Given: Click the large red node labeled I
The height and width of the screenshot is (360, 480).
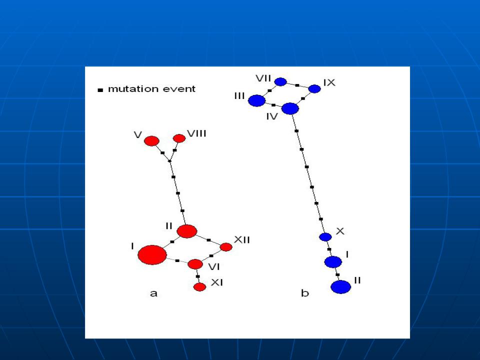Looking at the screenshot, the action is coord(152,254).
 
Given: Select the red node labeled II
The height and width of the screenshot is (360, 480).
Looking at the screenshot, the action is coord(186,231).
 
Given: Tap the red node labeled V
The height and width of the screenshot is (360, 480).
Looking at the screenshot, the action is coord(151,141).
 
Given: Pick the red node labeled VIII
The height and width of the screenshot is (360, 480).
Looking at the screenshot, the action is coord(179,138).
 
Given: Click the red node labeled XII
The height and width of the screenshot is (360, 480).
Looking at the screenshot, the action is coord(226,246).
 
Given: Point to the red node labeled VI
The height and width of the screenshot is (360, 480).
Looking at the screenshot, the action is coord(195,264).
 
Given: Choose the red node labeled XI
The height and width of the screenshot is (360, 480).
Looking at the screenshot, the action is coord(199,287).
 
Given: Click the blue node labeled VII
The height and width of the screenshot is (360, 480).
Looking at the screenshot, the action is coord(280,81).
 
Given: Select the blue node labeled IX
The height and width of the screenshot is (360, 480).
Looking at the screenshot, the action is coord(314,89).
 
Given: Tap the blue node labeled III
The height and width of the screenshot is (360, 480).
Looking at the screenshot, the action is coord(256,100).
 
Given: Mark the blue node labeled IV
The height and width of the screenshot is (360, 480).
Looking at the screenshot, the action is coord(290,108).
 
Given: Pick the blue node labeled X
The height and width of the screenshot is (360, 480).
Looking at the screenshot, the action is coord(325,236).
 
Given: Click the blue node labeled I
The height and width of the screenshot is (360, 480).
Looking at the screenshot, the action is coord(333,262).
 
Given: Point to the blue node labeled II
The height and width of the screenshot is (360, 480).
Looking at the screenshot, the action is coord(340,287).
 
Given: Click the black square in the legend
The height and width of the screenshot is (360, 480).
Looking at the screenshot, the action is coord(100,90).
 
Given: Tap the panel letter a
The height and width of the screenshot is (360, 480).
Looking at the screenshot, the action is coord(153,293).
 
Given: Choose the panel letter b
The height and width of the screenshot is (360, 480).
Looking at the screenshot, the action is coord(305,293).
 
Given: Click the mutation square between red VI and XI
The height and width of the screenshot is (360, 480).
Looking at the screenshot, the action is coord(198,276).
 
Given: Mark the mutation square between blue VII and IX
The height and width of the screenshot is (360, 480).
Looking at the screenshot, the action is coord(297,85).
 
